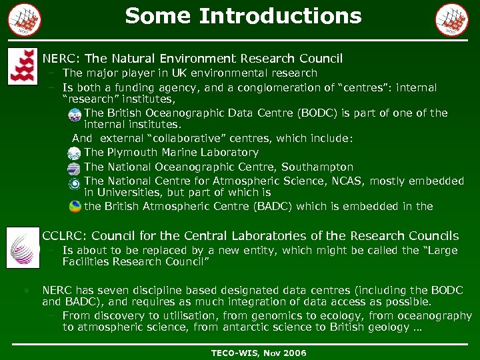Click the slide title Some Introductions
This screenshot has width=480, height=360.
243,15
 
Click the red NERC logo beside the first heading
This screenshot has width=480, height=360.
23,67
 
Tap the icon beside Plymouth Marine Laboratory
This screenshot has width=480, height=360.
75,153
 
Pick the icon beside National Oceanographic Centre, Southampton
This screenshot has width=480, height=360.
75,167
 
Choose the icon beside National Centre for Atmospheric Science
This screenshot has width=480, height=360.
75,181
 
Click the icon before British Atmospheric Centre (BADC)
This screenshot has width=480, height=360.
75,207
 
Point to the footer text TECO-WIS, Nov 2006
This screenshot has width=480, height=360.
259,353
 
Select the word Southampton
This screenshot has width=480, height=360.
317,167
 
